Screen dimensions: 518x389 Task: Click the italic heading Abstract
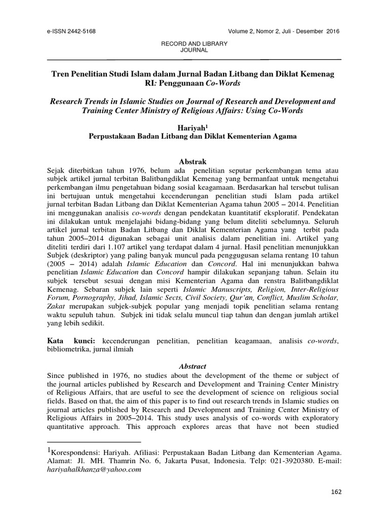click(194, 366)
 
